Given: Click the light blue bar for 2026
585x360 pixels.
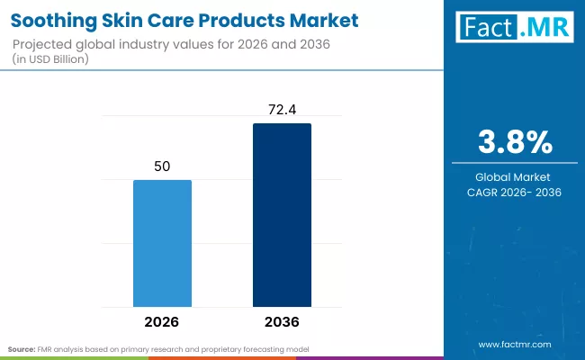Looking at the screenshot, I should click(x=162, y=243).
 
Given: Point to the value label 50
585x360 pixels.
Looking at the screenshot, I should click(x=162, y=166).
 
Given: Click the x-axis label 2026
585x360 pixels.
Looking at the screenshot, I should click(x=162, y=321).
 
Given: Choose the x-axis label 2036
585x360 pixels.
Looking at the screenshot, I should click(x=282, y=321).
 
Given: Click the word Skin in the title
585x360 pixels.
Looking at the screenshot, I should click(x=125, y=20).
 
